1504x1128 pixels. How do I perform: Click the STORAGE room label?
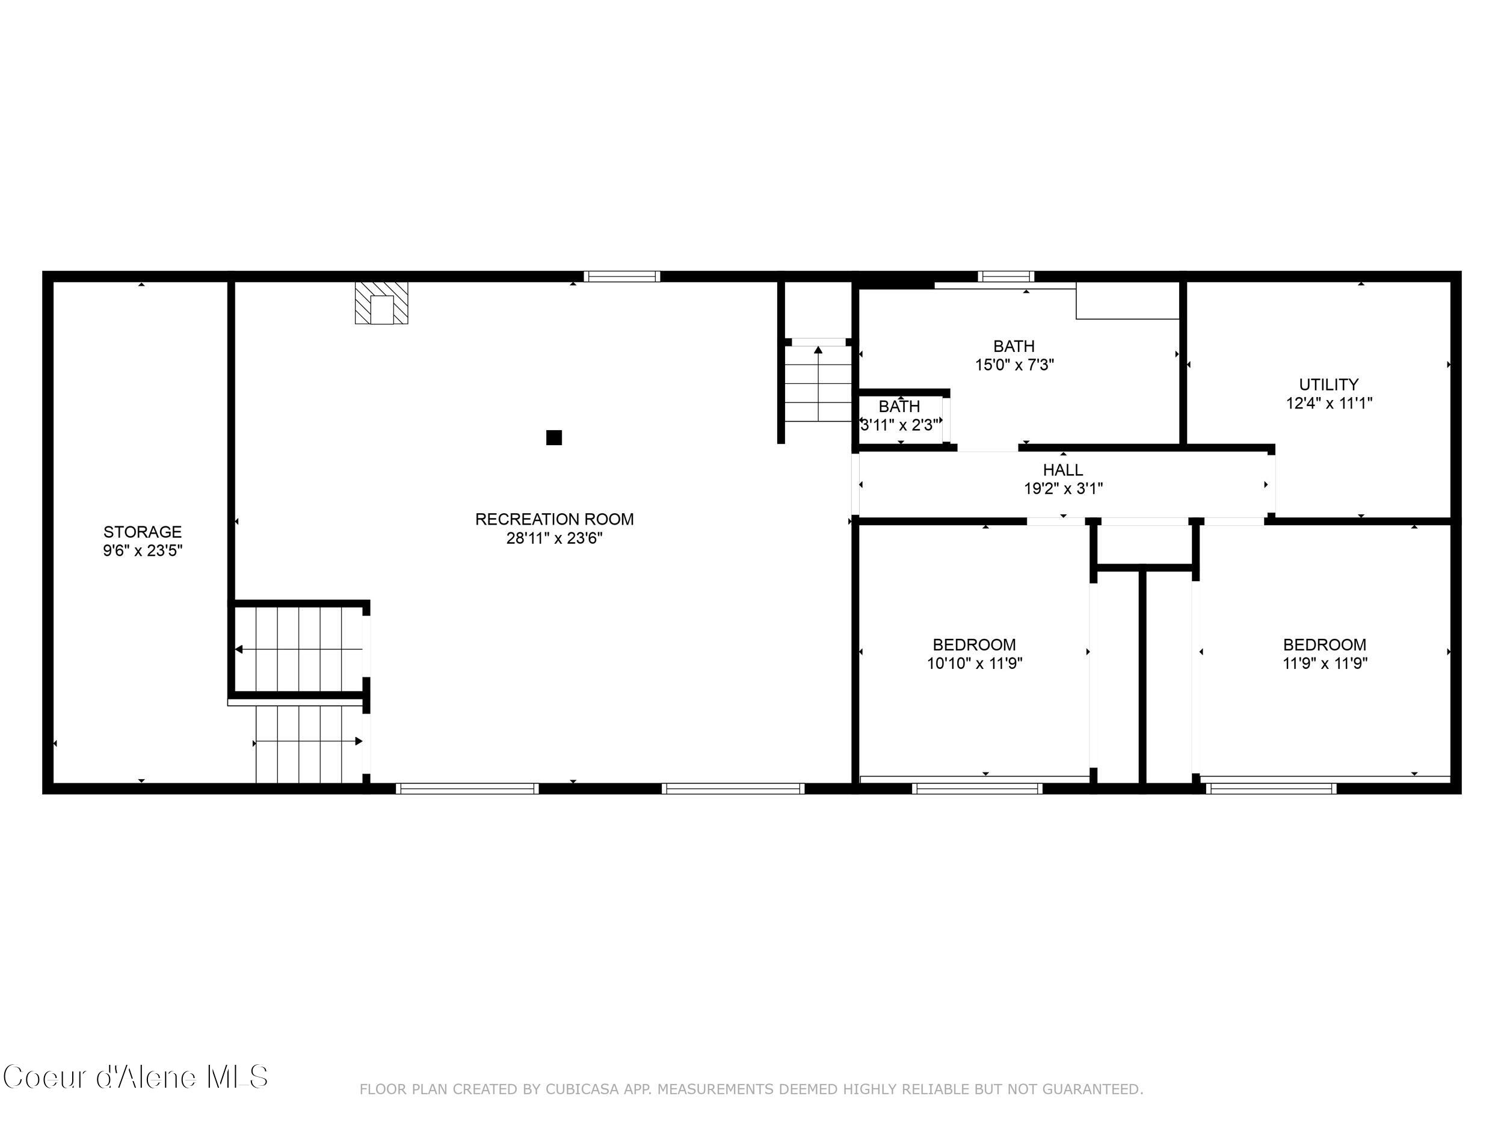coord(142,532)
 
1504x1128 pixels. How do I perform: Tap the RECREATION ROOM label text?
coord(554,519)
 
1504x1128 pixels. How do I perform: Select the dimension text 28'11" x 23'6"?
coord(554,538)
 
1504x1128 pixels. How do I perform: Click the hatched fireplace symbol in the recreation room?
coord(381,303)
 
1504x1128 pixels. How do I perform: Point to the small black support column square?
coord(554,438)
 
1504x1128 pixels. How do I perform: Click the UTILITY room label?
coord(1328,385)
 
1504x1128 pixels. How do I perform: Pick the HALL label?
coord(1063,470)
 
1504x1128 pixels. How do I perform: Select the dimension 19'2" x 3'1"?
coord(1063,488)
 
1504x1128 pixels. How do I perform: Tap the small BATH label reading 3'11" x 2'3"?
coord(899,407)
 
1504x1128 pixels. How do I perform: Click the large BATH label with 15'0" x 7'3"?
coord(1014,346)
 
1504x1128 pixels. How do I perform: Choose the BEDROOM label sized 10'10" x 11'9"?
coord(975,644)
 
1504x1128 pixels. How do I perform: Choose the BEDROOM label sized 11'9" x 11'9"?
coord(1325,644)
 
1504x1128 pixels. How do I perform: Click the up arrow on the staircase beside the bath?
coord(818,351)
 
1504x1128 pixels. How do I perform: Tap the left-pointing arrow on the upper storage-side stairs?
coord(239,649)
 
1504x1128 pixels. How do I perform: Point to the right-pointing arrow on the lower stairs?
coord(359,741)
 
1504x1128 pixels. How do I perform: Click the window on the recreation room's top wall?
coord(621,277)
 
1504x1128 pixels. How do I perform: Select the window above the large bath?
coord(1006,277)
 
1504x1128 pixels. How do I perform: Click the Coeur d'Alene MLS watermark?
coord(135,1077)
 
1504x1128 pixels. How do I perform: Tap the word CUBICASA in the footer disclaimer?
coord(582,1089)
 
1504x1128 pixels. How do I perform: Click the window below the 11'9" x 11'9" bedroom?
coord(1271,789)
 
